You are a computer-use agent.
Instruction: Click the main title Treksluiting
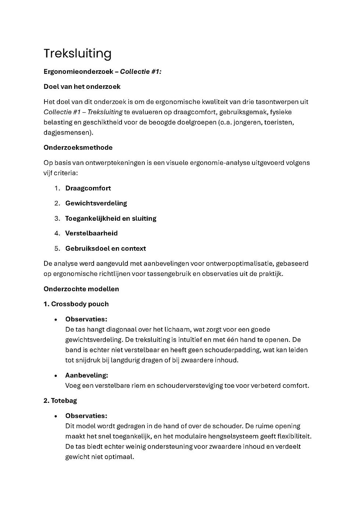78,54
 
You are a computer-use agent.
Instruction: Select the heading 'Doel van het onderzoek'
82,87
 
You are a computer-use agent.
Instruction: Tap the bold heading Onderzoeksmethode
78,148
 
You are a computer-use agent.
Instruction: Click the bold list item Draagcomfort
88,188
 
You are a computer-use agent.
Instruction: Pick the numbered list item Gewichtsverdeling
96,203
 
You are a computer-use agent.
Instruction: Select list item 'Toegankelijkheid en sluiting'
111,219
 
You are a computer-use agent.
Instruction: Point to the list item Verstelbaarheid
91,233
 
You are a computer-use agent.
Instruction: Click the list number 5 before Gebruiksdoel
57,249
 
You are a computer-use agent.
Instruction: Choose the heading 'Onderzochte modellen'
81,289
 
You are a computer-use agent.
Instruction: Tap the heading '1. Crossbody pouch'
76,304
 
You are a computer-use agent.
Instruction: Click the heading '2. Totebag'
60,401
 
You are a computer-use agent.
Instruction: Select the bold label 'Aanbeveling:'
86,375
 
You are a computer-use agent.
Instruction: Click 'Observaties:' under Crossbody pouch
86,319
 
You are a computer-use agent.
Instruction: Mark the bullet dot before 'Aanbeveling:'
56,376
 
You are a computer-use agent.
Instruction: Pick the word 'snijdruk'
88,360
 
